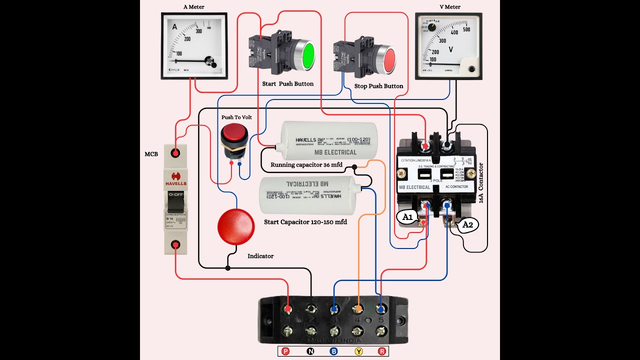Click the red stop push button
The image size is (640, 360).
(x=388, y=59)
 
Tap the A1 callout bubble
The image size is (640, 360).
(x=408, y=217)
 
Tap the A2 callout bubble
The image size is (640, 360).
(x=467, y=225)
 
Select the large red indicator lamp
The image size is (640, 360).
(x=235, y=226)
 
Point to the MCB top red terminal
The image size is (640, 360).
(x=175, y=152)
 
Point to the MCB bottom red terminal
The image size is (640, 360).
(x=175, y=244)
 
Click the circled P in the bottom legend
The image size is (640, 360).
(x=286, y=351)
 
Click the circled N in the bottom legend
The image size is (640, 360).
(x=310, y=351)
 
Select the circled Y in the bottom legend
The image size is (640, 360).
(x=358, y=351)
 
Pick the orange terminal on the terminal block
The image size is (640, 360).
(x=358, y=309)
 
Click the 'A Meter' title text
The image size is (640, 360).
(x=193, y=7)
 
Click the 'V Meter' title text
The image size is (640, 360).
(x=450, y=7)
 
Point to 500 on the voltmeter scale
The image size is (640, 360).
(x=466, y=29)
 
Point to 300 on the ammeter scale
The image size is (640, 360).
(x=198, y=31)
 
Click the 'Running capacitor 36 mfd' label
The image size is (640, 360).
(x=306, y=164)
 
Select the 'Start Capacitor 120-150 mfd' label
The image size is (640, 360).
(x=305, y=221)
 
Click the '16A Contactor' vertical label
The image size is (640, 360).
(x=481, y=182)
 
